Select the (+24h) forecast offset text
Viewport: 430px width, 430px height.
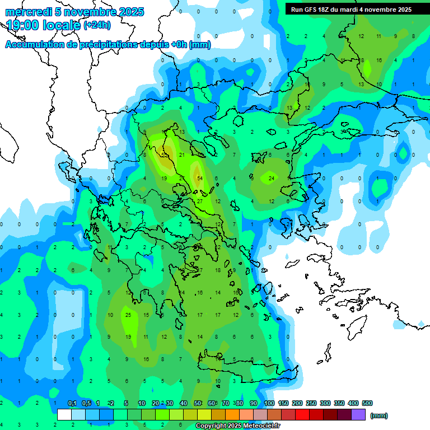click(97, 25)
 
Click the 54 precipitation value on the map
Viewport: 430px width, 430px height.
click(200, 178)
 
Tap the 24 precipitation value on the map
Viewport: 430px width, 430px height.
click(272, 178)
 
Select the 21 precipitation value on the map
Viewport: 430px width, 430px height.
click(181, 155)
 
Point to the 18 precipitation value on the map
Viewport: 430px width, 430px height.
click(218, 270)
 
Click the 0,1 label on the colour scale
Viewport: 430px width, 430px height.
click(72, 403)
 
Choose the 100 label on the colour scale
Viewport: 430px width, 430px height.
click(269, 403)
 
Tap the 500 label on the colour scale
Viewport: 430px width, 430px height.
click(367, 403)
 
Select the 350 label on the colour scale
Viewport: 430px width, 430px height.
click(339, 403)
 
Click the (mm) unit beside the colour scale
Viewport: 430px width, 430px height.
click(379, 415)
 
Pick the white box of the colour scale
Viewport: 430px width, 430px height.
click(64, 415)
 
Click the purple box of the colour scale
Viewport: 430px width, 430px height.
click(358, 415)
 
